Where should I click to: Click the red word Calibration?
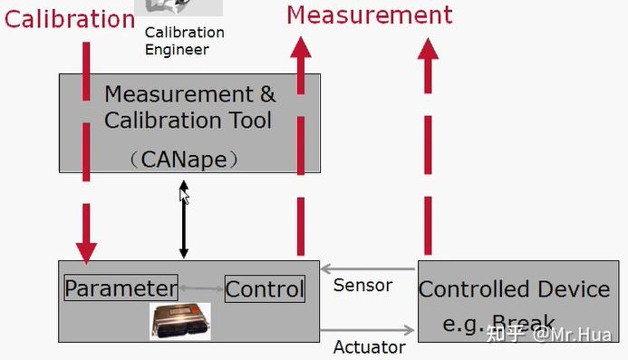pyautogui.click(x=69, y=18)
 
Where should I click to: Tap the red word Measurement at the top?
pyautogui.click(x=369, y=15)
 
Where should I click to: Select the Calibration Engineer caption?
pyautogui.click(x=184, y=41)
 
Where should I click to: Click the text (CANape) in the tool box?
pyautogui.click(x=183, y=160)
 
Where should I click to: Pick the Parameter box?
pyautogui.click(x=121, y=289)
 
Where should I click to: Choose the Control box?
pyautogui.click(x=265, y=289)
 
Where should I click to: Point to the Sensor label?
pyautogui.click(x=362, y=285)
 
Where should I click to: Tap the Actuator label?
pyautogui.click(x=369, y=346)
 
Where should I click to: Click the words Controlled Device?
pyautogui.click(x=514, y=289)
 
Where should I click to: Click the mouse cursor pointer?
pyautogui.click(x=184, y=196)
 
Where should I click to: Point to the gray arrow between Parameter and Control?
pyautogui.click(x=200, y=288)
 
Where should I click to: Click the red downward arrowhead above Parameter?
pyautogui.click(x=85, y=249)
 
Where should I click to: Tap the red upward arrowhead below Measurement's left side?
pyautogui.click(x=299, y=48)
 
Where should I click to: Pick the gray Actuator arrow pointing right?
pyautogui.click(x=367, y=331)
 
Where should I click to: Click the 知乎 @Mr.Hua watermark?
pyautogui.click(x=548, y=334)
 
